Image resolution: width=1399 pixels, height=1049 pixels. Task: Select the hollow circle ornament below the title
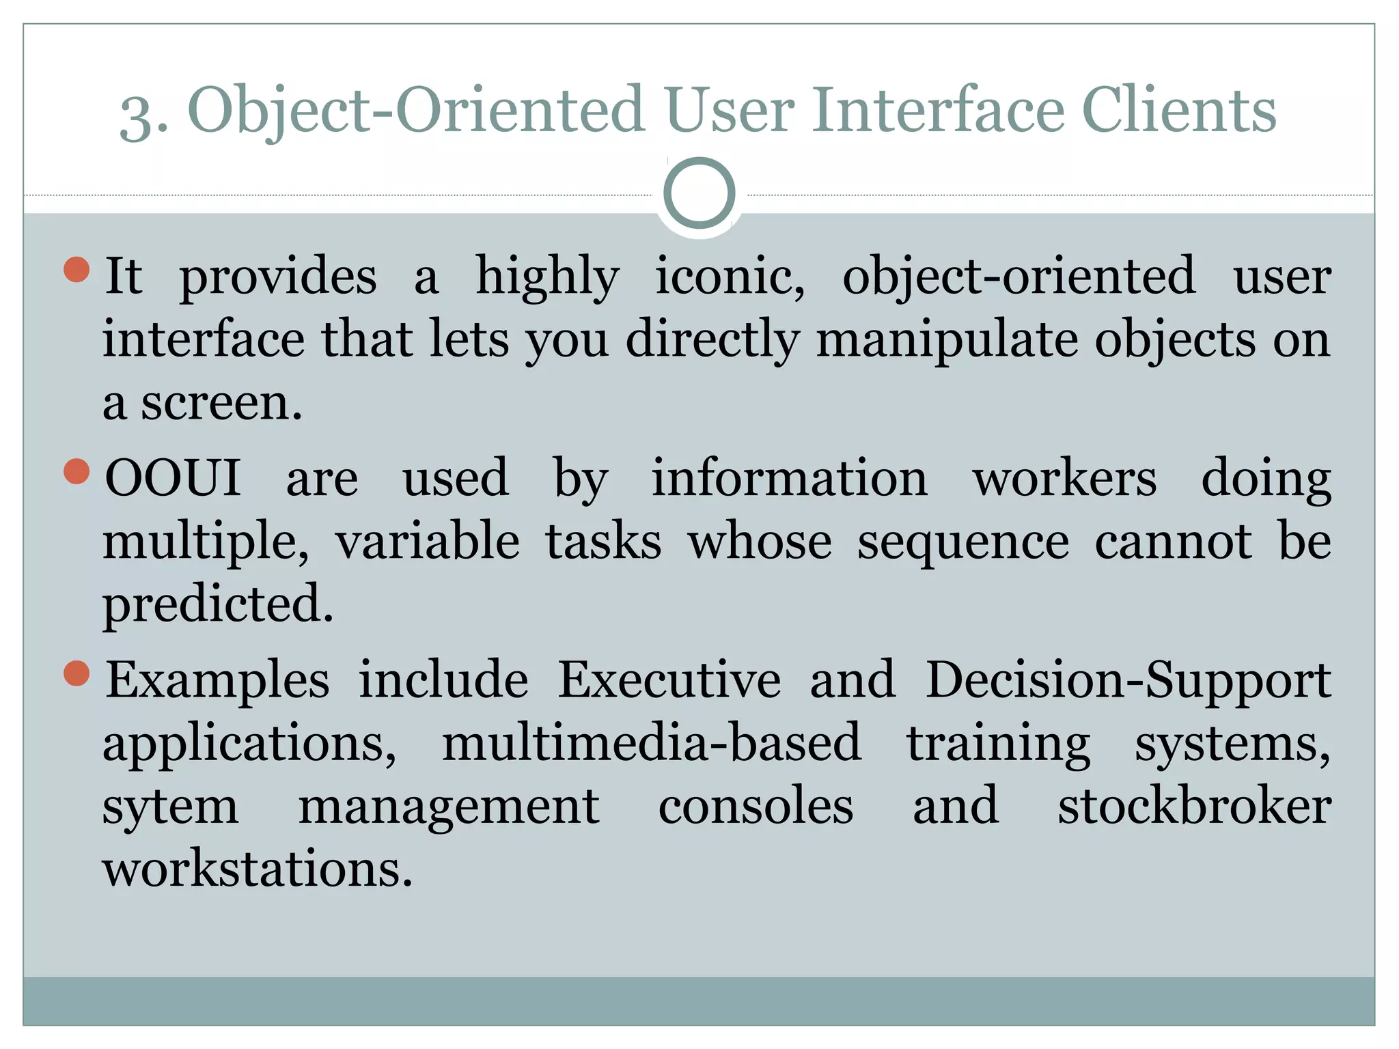[x=699, y=193]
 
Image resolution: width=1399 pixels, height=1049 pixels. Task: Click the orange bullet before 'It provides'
[x=77, y=269]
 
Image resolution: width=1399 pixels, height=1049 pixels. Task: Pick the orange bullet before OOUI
[x=77, y=471]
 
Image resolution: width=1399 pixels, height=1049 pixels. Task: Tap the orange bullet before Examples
[x=77, y=673]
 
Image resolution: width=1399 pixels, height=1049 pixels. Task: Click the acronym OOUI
[x=173, y=477]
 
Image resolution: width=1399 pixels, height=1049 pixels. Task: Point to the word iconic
[x=730, y=276]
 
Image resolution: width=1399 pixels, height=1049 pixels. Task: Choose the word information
[x=789, y=477]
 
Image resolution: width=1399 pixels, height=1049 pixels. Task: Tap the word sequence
[x=963, y=541]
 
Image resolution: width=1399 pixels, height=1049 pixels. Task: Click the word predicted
[x=218, y=604]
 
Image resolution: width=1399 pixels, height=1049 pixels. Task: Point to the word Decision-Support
[x=1128, y=680]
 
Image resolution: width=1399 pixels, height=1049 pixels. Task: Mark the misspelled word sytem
[x=171, y=807]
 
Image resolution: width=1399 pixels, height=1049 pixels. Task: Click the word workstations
[x=258, y=869]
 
